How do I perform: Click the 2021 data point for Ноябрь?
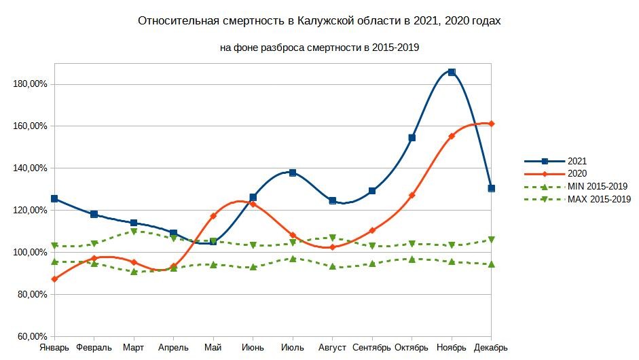click(452, 72)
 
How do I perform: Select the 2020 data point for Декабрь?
click(492, 124)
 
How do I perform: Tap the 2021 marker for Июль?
click(293, 173)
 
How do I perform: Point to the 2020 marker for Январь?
click(54, 279)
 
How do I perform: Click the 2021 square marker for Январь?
click(54, 199)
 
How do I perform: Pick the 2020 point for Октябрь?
click(412, 195)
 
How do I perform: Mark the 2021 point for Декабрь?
click(492, 188)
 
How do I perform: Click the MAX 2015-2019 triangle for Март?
click(134, 232)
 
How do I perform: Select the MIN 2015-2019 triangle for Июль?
click(293, 259)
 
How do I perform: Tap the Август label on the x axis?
click(333, 348)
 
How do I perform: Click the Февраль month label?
click(94, 348)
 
